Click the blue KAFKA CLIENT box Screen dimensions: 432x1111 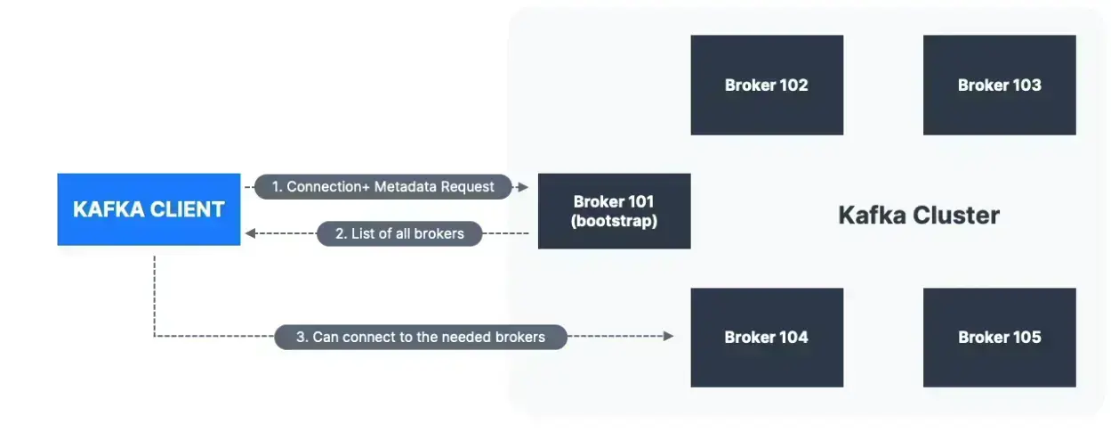(x=149, y=209)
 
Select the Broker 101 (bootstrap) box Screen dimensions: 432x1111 (x=614, y=211)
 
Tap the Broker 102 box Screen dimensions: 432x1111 (x=766, y=86)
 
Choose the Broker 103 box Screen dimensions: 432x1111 (x=999, y=86)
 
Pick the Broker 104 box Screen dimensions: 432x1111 (x=766, y=338)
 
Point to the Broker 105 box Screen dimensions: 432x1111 (x=999, y=338)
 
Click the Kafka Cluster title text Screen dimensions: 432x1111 (x=919, y=216)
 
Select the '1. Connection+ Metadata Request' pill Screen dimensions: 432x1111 (x=382, y=187)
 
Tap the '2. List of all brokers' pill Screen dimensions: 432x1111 (x=399, y=233)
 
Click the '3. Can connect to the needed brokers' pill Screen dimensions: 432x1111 (x=420, y=337)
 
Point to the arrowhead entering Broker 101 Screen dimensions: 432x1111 (x=524, y=187)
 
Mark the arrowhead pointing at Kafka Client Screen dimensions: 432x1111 (x=250, y=233)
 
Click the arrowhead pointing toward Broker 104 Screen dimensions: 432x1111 (x=668, y=337)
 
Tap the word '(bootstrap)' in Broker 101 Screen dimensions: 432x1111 (x=614, y=221)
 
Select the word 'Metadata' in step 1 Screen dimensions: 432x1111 (x=409, y=187)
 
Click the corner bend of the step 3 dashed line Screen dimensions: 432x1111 (x=155, y=337)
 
